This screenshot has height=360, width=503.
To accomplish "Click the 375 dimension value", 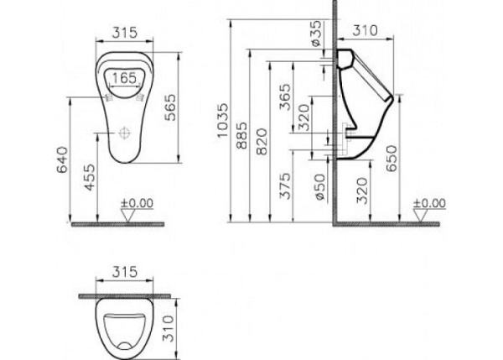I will point(285,185).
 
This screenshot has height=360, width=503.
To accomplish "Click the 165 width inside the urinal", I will point(124,78).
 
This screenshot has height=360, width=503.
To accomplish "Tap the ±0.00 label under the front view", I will point(137,202).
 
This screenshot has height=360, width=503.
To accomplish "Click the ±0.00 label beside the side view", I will point(429,202).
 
